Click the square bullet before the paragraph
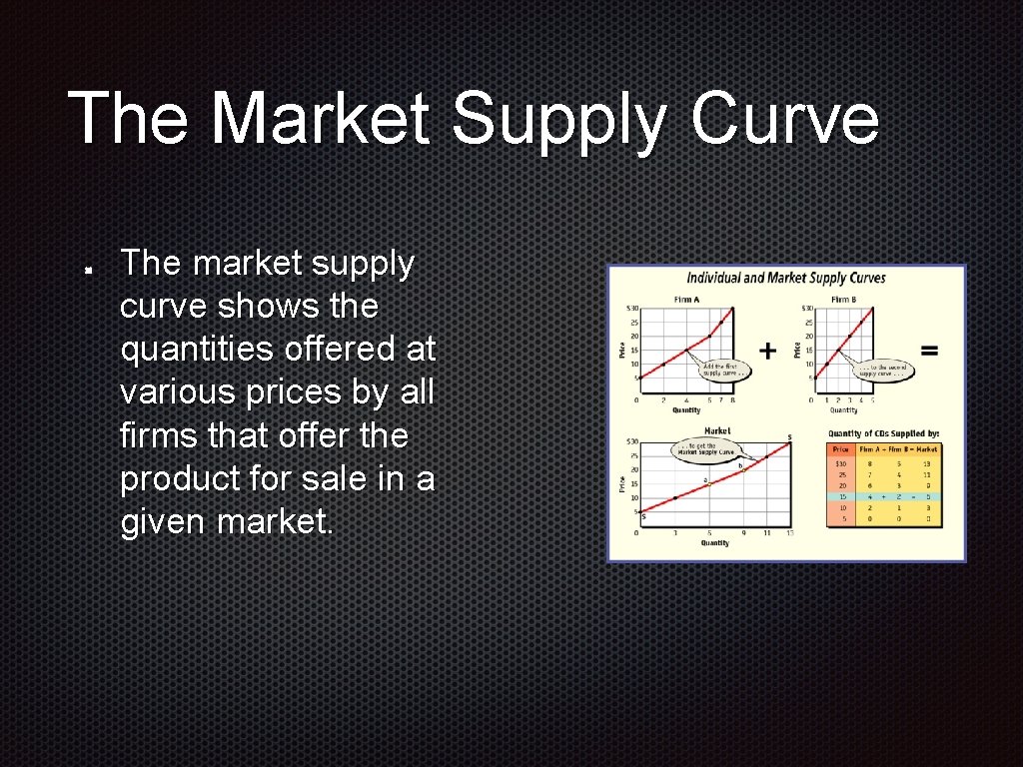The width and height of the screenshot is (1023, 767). [x=89, y=270]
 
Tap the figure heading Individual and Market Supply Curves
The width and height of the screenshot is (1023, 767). [x=786, y=278]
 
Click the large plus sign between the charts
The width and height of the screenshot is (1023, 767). [x=767, y=351]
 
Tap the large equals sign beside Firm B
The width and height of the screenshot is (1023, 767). [x=929, y=351]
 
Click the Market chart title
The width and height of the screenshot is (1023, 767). [x=716, y=431]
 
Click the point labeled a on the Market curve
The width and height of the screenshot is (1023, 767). [x=708, y=482]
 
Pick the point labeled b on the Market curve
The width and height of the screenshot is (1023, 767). [x=741, y=467]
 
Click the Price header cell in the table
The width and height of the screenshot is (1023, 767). [x=841, y=449]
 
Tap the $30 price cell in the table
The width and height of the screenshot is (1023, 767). [x=841, y=462]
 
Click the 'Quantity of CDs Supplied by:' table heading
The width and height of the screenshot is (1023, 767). [x=884, y=433]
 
